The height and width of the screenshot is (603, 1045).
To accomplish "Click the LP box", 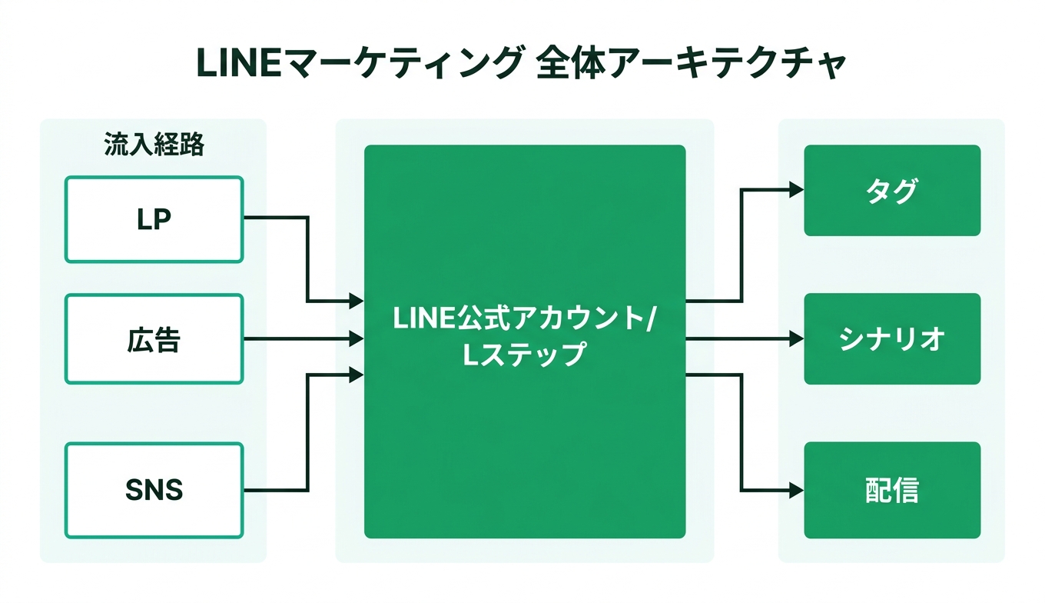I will (154, 219).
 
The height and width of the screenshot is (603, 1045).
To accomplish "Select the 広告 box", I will (154, 338).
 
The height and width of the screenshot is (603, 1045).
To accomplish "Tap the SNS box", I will (154, 489).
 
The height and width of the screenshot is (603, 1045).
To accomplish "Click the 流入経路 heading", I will (154, 145).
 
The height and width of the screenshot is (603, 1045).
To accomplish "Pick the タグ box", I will (892, 190).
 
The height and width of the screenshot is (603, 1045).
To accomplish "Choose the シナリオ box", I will (892, 338).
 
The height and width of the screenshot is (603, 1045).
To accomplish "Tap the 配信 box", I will (892, 490).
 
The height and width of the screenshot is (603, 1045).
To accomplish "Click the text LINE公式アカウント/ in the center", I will (522, 318).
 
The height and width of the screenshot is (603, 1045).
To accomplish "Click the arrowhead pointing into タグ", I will (797, 189).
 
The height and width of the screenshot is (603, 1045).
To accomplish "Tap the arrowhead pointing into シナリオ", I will (797, 338).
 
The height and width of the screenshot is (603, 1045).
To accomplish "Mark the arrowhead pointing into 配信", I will (797, 490).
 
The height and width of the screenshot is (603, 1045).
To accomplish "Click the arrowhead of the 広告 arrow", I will (357, 338).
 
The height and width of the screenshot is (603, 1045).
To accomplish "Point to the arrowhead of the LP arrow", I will (357, 301).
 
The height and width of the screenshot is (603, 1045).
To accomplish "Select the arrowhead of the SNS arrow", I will (357, 375).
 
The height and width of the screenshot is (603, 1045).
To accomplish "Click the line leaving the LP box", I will (275, 218).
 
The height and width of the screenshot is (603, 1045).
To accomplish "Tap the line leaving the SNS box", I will (275, 490).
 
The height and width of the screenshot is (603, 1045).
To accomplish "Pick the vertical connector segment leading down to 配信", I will (741, 432).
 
